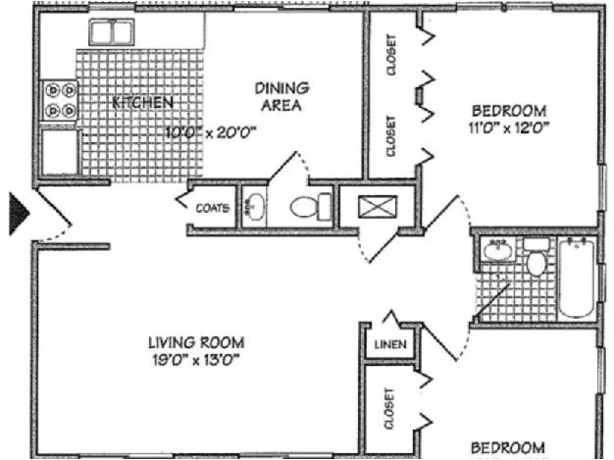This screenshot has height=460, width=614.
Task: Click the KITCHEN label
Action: (143, 102)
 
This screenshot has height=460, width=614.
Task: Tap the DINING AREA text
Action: (282, 96)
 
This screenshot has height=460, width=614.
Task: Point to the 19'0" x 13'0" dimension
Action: (195, 359)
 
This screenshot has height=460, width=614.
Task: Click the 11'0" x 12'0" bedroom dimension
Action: (508, 127)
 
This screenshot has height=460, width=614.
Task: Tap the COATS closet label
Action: (212, 208)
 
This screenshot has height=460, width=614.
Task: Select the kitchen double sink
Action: (111, 32)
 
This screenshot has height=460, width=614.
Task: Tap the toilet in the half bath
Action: (313, 207)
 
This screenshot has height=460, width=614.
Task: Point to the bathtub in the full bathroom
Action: (576, 277)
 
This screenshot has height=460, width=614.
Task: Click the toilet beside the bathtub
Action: (536, 260)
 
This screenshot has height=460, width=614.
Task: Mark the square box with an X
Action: (374, 208)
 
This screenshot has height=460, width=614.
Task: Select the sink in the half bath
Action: (254, 207)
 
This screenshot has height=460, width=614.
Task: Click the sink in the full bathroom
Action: (497, 250)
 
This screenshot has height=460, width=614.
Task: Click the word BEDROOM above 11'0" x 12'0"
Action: (508, 110)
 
